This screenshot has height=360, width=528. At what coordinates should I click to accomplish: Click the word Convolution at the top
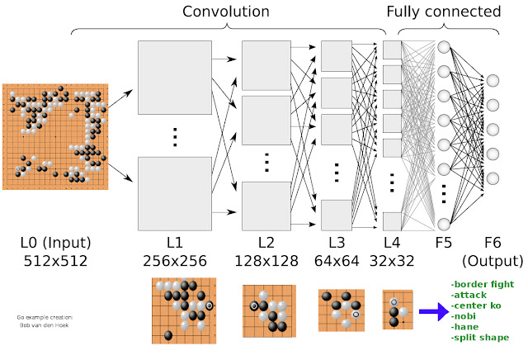pos(225,12)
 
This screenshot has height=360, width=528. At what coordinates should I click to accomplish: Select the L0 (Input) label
pos(55,244)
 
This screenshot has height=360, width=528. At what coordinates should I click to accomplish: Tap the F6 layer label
pos(493,244)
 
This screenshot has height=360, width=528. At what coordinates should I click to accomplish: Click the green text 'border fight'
pos(483,284)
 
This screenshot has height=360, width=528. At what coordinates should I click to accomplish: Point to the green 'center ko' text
pos(478,306)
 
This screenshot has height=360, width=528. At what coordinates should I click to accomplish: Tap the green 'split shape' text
pos(480,338)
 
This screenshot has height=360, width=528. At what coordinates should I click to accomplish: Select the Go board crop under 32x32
pos(397,310)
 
